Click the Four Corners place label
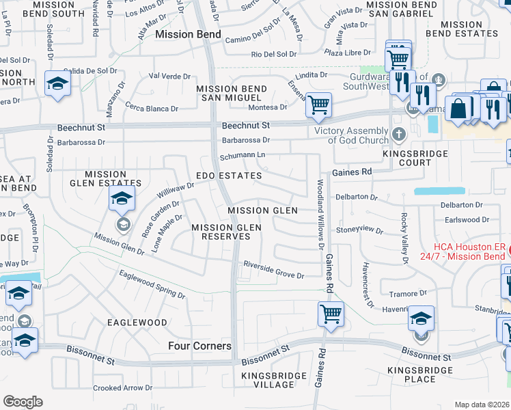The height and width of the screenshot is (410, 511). (x=199, y=346)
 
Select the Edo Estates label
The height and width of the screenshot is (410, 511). (x=229, y=176)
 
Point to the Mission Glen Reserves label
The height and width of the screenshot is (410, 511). (x=221, y=232)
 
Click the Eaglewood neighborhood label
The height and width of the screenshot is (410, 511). (x=137, y=322)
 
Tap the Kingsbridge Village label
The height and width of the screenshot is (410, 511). (x=268, y=380)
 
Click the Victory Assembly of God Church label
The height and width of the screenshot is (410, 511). (x=350, y=135)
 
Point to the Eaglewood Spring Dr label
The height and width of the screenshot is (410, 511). (x=152, y=284)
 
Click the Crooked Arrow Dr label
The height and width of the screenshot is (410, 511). (x=122, y=388)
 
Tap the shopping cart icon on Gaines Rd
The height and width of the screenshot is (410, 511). (x=331, y=314)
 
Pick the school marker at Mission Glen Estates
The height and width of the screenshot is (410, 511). (x=122, y=200)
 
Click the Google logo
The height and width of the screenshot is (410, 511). (x=22, y=402)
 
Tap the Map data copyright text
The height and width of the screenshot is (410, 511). (x=482, y=405)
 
